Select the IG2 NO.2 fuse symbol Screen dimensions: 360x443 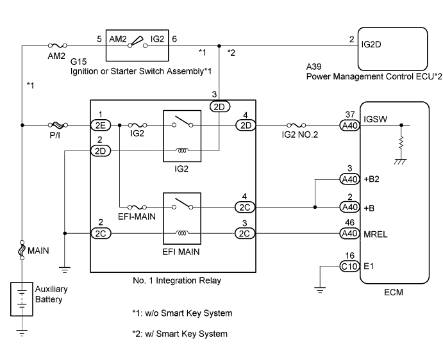click(299, 126)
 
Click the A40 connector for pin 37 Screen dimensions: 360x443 click(350, 126)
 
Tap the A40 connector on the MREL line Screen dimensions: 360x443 click(350, 234)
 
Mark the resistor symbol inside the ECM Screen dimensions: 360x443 click(402, 142)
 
